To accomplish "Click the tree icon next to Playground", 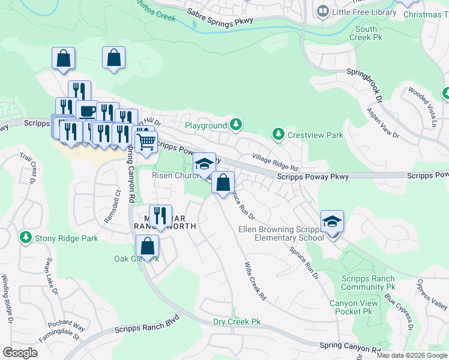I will [237, 125].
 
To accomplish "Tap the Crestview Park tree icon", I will [278, 134].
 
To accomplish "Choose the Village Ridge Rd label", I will [276, 163].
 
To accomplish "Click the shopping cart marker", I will [146, 142].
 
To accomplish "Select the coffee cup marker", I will [87, 111].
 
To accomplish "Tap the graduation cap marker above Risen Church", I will [204, 164].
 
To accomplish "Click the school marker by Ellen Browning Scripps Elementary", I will [332, 221].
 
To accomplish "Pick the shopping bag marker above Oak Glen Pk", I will [147, 245].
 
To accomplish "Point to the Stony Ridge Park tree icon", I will [25, 238].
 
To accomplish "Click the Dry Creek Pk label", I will [238, 322].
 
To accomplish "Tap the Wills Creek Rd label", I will [255, 280].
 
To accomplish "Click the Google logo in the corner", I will [20, 353].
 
